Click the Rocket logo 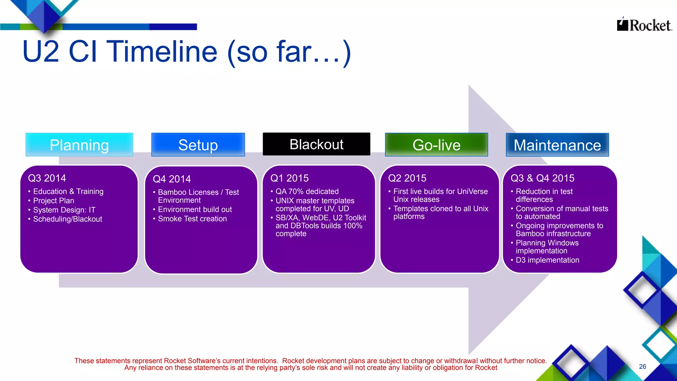point(644,25)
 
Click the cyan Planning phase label point(79,145)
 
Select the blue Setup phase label point(198,145)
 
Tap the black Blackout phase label point(316,144)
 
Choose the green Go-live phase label point(436,145)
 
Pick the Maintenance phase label point(557,145)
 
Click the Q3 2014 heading point(47,178)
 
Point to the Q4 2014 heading point(172,179)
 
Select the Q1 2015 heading point(290,178)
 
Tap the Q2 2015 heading point(407,178)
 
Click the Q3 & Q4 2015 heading point(542,178)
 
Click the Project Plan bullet point(54,201)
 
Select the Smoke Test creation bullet point(192,219)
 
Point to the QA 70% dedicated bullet point(307,191)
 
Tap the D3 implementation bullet point(547,260)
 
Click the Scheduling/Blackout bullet point(68,219)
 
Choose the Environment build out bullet point(195,209)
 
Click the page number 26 point(642,366)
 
